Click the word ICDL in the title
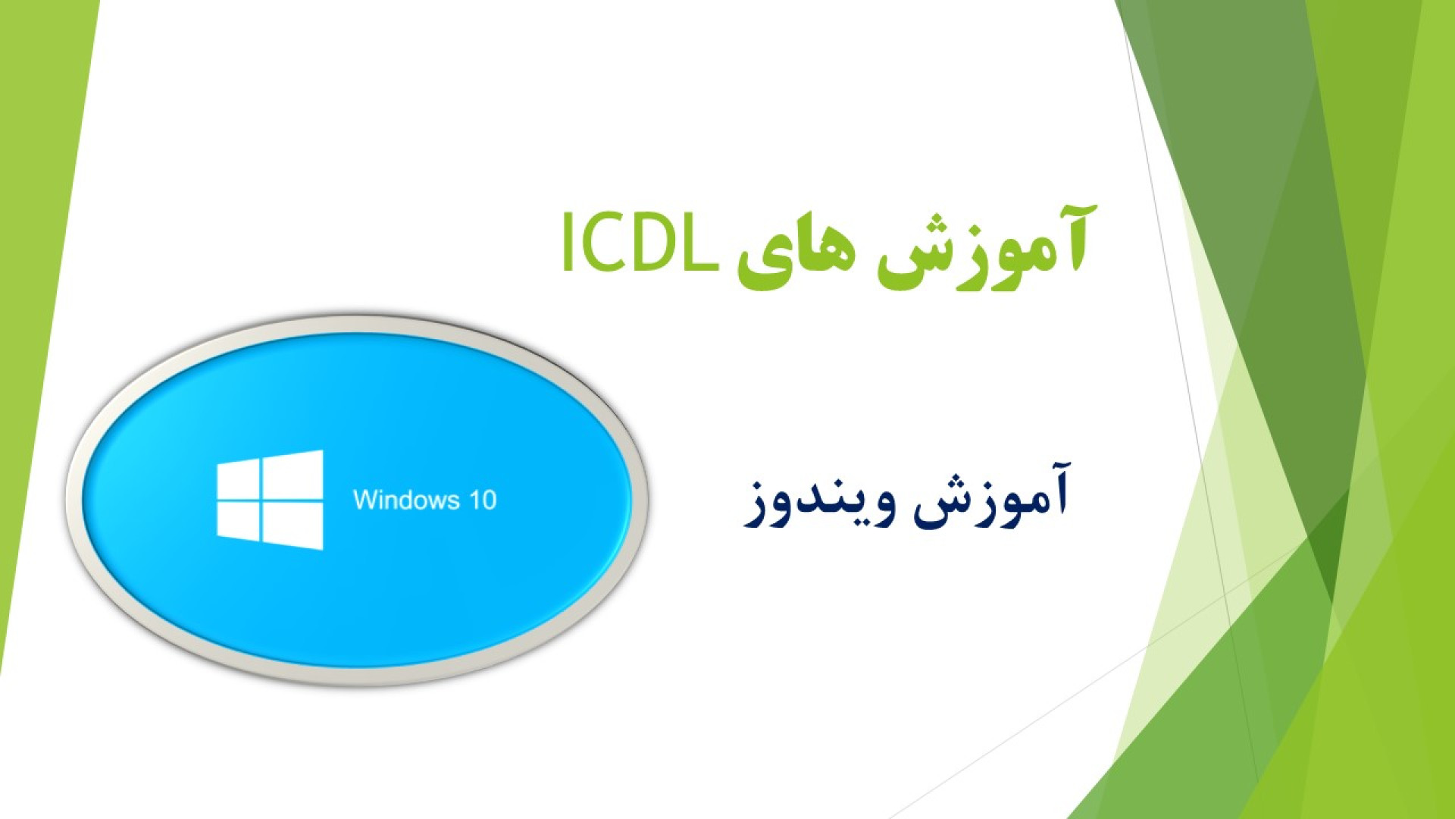coord(640,242)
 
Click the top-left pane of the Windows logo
coord(238,479)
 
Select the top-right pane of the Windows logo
coord(293,474)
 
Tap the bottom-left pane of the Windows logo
coord(238,520)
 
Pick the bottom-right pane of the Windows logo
coord(293,526)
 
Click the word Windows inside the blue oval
coord(406,500)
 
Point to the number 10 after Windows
coord(483,500)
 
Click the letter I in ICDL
coord(567,242)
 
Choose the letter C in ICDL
coord(603,242)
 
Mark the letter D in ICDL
coord(656,242)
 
